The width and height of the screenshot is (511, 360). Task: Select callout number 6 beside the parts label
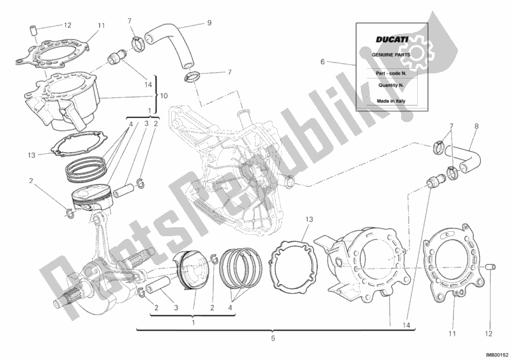tap(323, 62)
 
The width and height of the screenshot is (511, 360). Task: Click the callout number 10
tap(164, 96)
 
